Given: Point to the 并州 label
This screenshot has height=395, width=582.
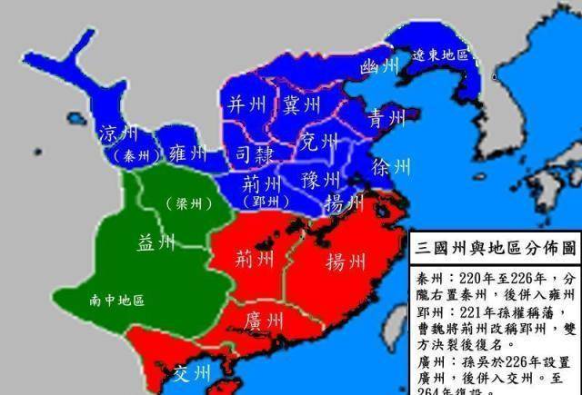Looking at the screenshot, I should pyautogui.click(x=246, y=103).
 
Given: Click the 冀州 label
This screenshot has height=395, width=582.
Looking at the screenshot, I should pyautogui.click(x=301, y=104).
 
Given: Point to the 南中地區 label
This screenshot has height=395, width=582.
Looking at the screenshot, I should pyautogui.click(x=117, y=300).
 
